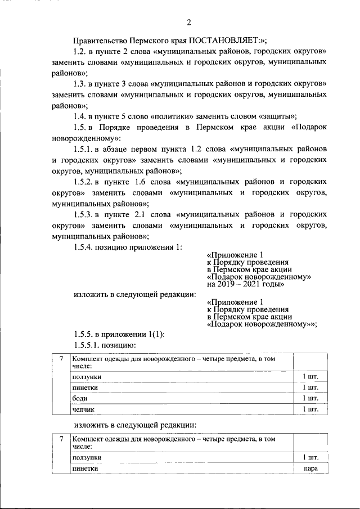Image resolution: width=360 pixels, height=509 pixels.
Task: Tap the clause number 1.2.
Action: tap(80, 52)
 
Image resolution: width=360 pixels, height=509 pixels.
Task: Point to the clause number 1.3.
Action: tap(80, 84)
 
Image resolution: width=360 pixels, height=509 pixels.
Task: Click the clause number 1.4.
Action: tap(80, 116)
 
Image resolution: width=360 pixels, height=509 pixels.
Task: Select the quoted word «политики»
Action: tap(177, 116)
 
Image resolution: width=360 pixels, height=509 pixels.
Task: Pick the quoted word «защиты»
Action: tap(277, 116)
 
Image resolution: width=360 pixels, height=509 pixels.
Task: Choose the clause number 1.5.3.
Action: tap(84, 214)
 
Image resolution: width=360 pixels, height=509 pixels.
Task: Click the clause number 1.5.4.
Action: tap(84, 247)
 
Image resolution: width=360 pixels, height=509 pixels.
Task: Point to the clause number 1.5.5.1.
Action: tap(88, 344)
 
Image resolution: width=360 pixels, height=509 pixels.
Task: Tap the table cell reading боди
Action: tap(79, 398)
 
